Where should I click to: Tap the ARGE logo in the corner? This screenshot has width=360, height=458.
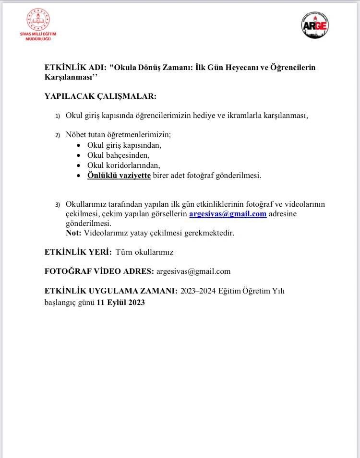point(315,25)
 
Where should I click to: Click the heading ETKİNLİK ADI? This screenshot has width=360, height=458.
point(75,68)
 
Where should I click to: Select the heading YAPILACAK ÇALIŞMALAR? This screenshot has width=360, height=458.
point(100,96)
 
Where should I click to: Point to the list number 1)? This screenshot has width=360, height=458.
point(58,116)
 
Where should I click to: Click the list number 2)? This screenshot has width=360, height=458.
point(58,135)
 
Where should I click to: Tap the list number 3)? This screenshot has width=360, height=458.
point(58,205)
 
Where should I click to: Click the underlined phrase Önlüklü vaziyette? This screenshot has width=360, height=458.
point(119,176)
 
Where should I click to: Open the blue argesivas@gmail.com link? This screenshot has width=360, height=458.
point(228,214)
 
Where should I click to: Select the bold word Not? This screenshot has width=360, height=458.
point(74,233)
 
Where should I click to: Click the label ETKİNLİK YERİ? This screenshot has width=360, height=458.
point(78,252)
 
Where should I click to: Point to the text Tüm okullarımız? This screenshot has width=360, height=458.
point(144,252)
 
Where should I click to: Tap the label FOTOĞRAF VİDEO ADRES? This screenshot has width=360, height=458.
point(99,271)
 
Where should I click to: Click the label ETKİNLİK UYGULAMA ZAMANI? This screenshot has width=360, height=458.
point(111,291)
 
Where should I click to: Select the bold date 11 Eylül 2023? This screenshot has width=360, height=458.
point(120,303)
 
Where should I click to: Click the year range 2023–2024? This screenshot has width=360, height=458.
point(198,291)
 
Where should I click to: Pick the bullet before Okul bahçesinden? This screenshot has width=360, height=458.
point(79,155)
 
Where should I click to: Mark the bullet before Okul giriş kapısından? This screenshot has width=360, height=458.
point(79,145)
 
